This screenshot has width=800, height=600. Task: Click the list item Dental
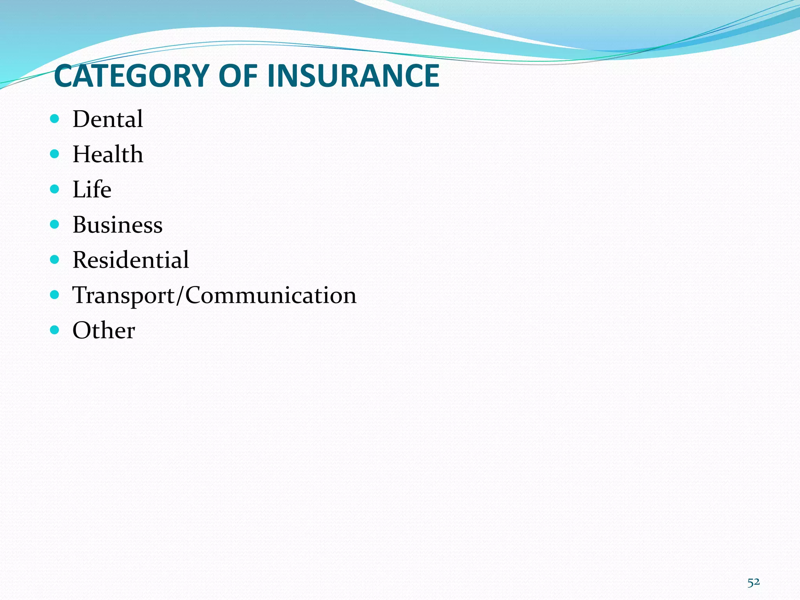point(108,119)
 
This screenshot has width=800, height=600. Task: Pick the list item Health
point(108,154)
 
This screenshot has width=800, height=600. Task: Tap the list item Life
point(92,189)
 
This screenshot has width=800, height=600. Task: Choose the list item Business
point(118,225)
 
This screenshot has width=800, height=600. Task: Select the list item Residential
point(131,260)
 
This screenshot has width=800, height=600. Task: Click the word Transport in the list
point(124,295)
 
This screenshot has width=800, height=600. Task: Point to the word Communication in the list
point(271,295)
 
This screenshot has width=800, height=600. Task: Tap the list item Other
point(104,330)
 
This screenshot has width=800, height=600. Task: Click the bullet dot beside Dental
point(55,118)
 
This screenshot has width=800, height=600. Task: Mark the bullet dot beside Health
point(55,154)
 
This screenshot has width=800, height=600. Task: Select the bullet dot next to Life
point(55,189)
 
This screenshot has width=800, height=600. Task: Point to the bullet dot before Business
point(55,224)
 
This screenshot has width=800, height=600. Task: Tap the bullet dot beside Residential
point(55,259)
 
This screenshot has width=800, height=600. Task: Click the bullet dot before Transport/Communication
point(55,295)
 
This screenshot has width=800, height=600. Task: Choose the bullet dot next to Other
point(55,330)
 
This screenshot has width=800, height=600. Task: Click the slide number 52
point(754,582)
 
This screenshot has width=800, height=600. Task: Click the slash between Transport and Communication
point(180,295)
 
